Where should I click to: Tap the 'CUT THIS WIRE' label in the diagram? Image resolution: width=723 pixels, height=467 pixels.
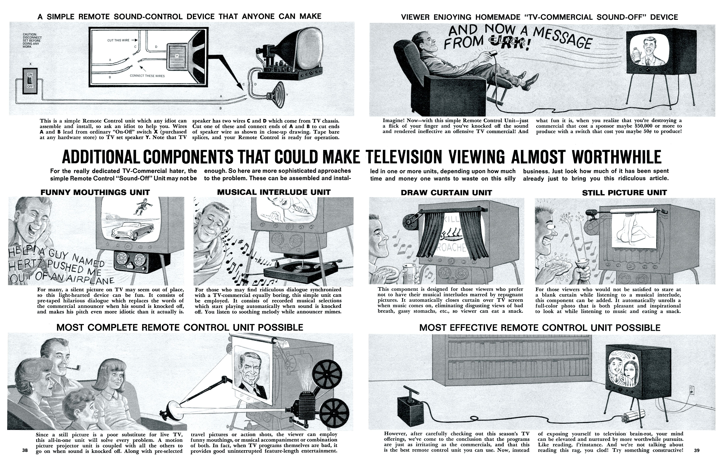(118, 40)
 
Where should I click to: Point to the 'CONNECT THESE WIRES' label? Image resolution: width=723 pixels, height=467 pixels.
(147, 76)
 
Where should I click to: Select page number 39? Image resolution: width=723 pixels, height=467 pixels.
(697, 450)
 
